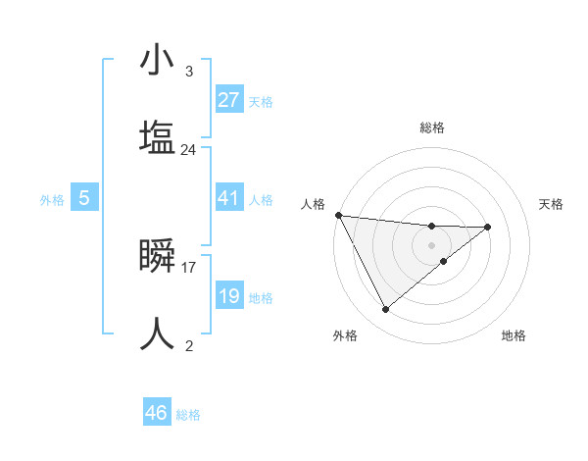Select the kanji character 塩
click(158, 136)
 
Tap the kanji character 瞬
click(158, 257)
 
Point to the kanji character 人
click(158, 333)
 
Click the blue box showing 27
click(229, 99)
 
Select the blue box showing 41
click(229, 198)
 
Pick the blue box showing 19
click(229, 296)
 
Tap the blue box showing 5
click(84, 198)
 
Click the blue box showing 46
click(157, 413)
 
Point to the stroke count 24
click(188, 150)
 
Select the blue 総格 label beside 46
click(188, 415)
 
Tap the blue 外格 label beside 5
click(52, 199)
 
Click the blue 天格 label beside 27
click(261, 101)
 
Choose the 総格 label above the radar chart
click(432, 128)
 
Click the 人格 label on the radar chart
click(314, 204)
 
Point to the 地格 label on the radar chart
click(514, 335)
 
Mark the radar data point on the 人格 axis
click(338, 215)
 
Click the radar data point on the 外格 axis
click(385, 310)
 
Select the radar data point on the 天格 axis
click(488, 227)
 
